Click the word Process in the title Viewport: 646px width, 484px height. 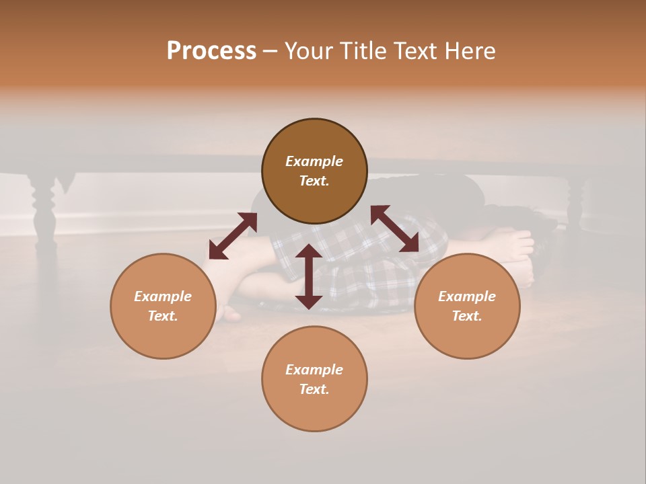pyautogui.click(x=211, y=51)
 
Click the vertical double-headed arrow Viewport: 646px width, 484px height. pyautogui.click(x=309, y=276)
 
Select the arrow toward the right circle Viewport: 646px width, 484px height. pyautogui.click(x=395, y=229)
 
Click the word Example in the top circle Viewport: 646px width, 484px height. pyautogui.click(x=314, y=161)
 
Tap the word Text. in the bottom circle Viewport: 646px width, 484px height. pyautogui.click(x=314, y=389)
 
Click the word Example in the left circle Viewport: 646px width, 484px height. pyautogui.click(x=163, y=296)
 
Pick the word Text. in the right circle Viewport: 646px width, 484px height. pyautogui.click(x=467, y=316)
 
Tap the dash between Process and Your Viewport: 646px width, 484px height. pyautogui.click(x=271, y=52)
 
